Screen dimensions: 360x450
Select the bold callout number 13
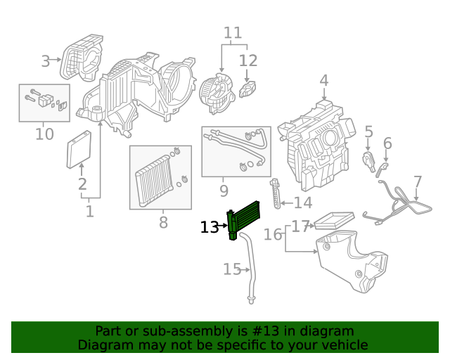[x=210, y=227]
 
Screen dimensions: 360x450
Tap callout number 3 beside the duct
[x=46, y=61]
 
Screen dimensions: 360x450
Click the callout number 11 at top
[x=233, y=32]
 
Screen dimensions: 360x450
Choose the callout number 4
[x=323, y=81]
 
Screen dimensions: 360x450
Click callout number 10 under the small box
[x=44, y=134]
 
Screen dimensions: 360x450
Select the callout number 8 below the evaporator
[x=163, y=223]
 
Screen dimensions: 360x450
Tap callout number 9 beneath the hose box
[x=224, y=191]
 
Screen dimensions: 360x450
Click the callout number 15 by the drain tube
[x=232, y=269]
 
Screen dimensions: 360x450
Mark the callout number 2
[x=82, y=185]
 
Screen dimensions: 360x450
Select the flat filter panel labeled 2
[x=79, y=150]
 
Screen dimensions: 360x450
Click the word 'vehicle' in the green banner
[x=344, y=345]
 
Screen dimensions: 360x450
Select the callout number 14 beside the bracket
[x=303, y=203]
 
